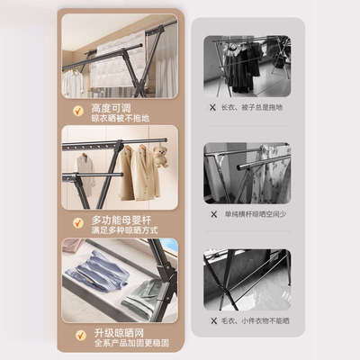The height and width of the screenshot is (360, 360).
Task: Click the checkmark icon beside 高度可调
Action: click(79, 112)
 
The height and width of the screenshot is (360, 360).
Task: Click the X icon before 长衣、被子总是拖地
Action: click(213, 106)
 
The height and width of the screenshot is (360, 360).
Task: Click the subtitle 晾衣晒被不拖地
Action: click(121, 117)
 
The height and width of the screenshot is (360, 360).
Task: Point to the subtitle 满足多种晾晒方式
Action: click(125, 229)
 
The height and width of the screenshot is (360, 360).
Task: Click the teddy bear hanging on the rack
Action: click(160, 157)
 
